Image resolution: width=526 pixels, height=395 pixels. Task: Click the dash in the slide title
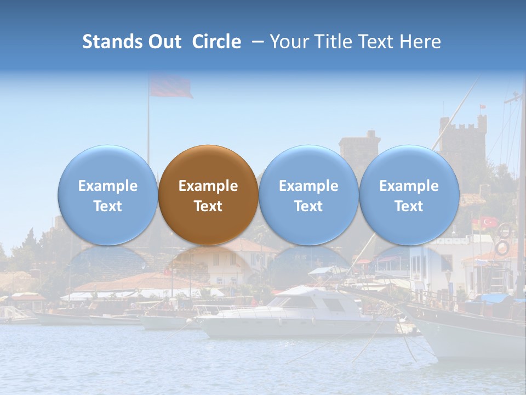point(256,42)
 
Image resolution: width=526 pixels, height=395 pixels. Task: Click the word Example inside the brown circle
point(208,186)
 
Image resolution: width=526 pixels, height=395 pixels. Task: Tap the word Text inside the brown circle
point(208,206)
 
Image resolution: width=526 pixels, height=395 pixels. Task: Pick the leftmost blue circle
point(107,195)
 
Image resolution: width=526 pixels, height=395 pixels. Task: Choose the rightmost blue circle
point(409,195)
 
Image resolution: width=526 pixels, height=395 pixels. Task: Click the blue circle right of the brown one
point(308,195)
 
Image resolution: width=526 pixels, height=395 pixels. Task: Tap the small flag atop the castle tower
point(483,106)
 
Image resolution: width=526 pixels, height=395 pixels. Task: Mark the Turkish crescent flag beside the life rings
point(489,222)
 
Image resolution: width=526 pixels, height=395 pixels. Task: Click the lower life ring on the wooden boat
point(502,247)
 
